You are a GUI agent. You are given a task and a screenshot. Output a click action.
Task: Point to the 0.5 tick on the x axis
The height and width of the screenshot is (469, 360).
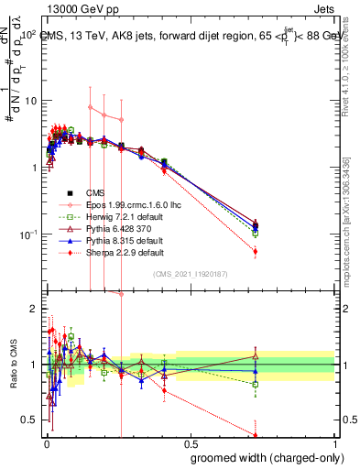(190, 443)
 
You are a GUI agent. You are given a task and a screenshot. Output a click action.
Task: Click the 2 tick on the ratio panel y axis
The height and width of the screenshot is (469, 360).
(34, 309)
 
